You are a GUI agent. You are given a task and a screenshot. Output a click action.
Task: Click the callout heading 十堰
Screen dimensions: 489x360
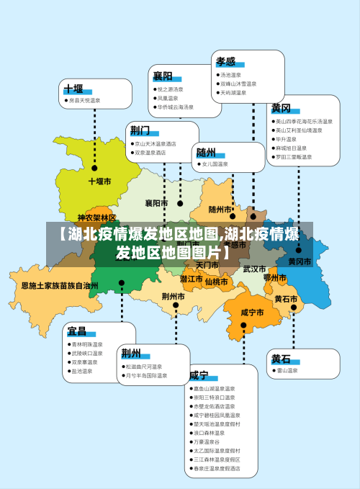tap(73, 89)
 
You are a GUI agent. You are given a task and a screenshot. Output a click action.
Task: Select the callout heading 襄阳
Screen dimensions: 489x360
tap(162, 76)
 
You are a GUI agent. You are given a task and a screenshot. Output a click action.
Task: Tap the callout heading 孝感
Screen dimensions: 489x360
tap(226, 61)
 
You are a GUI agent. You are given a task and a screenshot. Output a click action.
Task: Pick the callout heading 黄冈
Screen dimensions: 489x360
tap(281, 109)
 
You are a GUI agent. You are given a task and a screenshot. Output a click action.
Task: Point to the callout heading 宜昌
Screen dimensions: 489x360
tap(76, 331)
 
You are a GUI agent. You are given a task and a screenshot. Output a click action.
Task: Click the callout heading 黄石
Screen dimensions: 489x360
tap(281, 359)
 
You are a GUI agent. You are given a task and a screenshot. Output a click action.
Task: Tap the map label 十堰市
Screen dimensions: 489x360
tap(100, 181)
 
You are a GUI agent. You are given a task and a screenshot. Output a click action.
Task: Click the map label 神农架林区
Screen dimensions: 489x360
tap(96, 217)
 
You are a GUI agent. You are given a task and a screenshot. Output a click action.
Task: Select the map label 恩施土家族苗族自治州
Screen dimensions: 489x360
tap(59, 286)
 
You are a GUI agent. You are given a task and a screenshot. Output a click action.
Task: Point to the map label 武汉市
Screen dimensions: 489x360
tap(254, 269)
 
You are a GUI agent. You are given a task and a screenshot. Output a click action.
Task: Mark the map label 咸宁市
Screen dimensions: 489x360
tap(252, 313)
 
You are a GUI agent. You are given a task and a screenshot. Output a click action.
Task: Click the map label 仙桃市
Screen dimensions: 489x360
tap(216, 282)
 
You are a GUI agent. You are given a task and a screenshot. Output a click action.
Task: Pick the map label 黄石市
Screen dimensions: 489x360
tap(286, 298)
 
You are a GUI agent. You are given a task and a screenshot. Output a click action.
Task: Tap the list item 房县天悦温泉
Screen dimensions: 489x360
tap(84, 101)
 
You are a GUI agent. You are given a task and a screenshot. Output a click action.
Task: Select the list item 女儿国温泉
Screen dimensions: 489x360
tap(215, 164)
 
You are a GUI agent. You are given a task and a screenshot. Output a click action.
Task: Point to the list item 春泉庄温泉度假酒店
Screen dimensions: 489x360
tap(216, 468)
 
